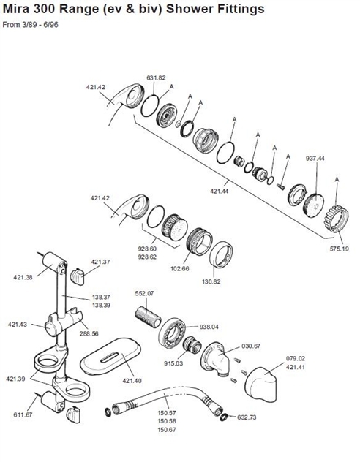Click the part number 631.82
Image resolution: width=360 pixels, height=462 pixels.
click(156, 77)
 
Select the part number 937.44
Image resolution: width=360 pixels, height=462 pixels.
click(315, 158)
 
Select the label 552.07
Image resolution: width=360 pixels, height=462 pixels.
click(145, 293)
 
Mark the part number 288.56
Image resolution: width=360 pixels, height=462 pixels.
click(90, 333)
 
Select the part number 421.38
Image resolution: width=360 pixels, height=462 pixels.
click(24, 277)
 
